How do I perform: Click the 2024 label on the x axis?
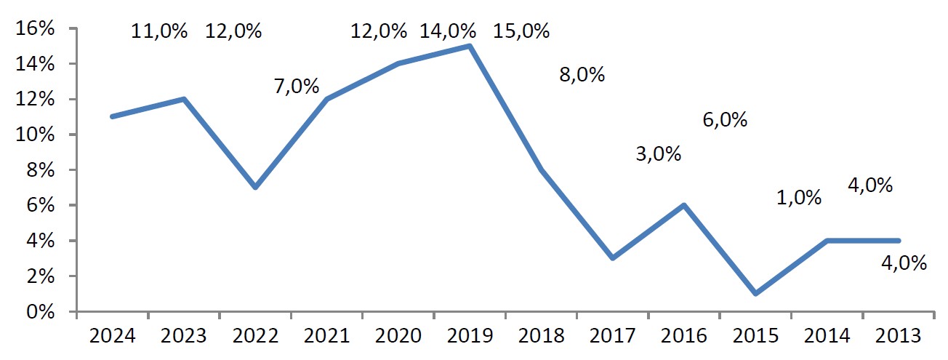(x=112, y=336)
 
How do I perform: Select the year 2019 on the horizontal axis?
(x=470, y=336)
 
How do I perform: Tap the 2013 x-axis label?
(x=898, y=336)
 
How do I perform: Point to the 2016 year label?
(x=684, y=336)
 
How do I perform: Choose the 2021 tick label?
(x=326, y=336)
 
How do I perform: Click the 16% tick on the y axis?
(x=35, y=28)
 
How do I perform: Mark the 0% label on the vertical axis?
(x=41, y=312)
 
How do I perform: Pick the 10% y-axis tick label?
(x=35, y=135)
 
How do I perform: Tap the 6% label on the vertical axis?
(x=41, y=205)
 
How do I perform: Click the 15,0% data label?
(x=521, y=31)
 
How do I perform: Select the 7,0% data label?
(x=297, y=86)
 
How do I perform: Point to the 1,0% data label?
(x=799, y=198)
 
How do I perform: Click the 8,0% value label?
(x=582, y=74)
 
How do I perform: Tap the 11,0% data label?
(x=159, y=31)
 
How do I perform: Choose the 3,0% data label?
(x=659, y=153)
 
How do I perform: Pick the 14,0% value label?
(x=448, y=31)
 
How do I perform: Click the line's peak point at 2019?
(x=470, y=46)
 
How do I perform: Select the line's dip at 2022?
(x=255, y=187)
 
